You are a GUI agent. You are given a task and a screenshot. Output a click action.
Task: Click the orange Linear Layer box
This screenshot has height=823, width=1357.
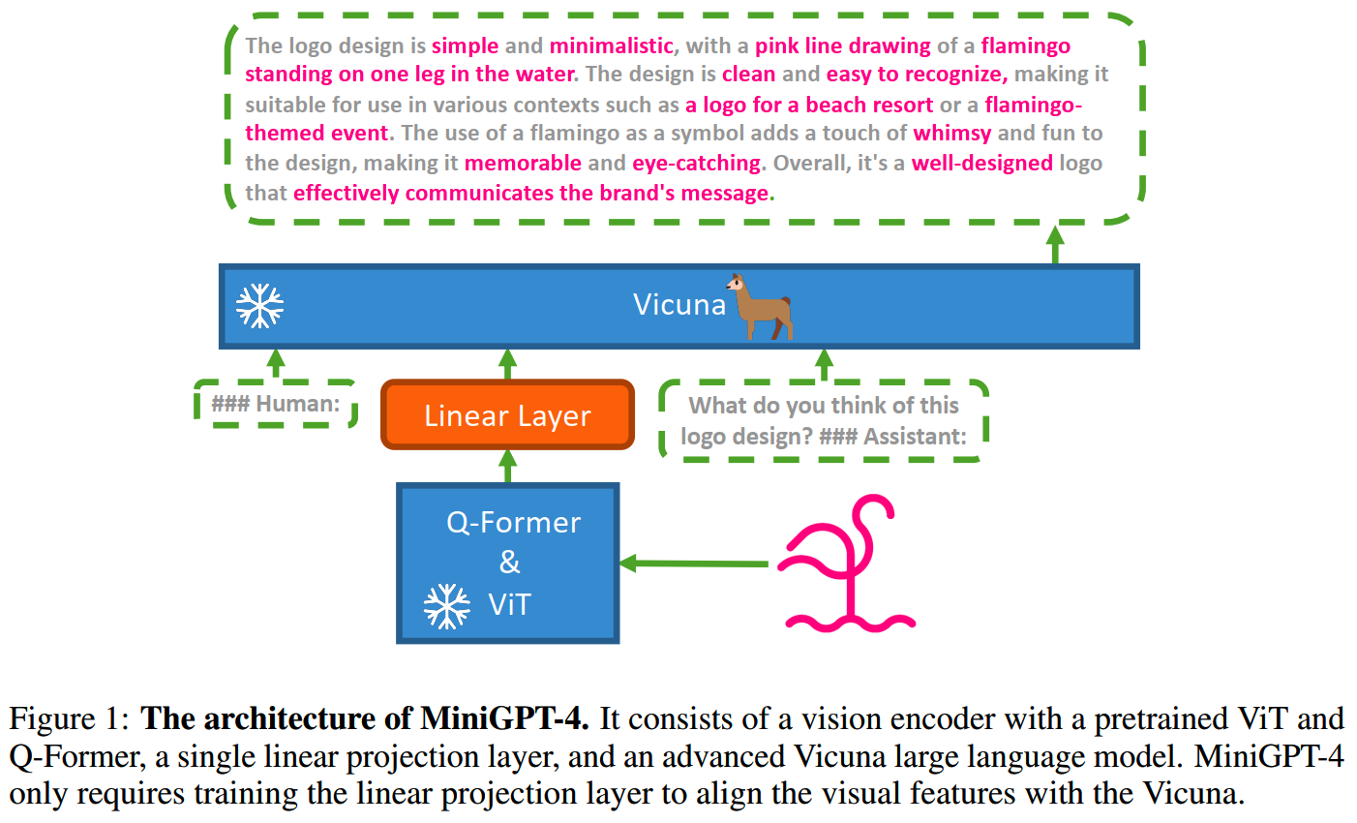pyautogui.click(x=507, y=415)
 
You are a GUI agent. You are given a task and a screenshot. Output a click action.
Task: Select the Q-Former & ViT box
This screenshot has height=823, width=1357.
pyautogui.click(x=507, y=564)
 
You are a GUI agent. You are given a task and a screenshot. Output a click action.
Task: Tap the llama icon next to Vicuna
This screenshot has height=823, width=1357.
pyautogui.click(x=762, y=306)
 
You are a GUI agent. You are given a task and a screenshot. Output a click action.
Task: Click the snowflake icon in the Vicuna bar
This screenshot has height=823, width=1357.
pyautogui.click(x=260, y=306)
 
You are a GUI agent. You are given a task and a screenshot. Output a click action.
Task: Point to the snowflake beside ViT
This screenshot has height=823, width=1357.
pyautogui.click(x=447, y=606)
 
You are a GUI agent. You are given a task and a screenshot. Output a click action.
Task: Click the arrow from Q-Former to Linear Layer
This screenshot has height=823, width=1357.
pyautogui.click(x=507, y=466)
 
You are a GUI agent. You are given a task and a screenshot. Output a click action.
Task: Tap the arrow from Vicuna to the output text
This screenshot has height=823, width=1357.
pyautogui.click(x=1055, y=244)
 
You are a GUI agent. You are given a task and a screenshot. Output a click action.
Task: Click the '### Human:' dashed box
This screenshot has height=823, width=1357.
pyautogui.click(x=276, y=404)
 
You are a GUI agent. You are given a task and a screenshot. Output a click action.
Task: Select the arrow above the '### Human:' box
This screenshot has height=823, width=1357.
pyautogui.click(x=276, y=364)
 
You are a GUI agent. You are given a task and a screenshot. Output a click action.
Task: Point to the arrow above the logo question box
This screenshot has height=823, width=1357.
pyautogui.click(x=824, y=365)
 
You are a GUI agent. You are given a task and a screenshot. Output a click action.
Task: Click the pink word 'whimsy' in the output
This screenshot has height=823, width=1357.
pyautogui.click(x=951, y=134)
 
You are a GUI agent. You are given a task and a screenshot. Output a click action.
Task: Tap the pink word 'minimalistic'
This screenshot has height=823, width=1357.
pyautogui.click(x=611, y=46)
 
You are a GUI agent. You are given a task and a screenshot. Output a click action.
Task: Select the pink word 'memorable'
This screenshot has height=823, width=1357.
pyautogui.click(x=523, y=163)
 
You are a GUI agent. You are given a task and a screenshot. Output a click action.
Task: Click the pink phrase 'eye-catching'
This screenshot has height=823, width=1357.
pyautogui.click(x=697, y=163)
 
